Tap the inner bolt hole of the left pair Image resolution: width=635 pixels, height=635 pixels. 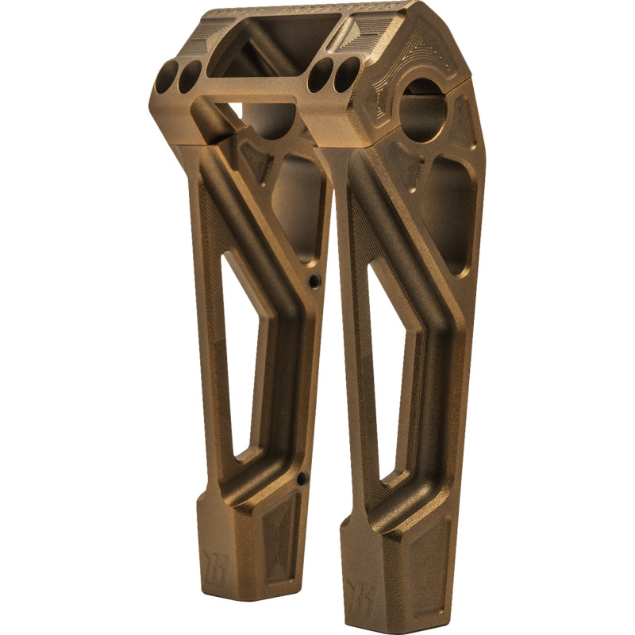coord(190,77)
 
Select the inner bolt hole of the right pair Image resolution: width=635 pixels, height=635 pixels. coord(320,75)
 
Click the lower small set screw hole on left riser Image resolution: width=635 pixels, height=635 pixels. coord(302,478)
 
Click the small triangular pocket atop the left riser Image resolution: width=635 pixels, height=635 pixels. coord(256,163)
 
